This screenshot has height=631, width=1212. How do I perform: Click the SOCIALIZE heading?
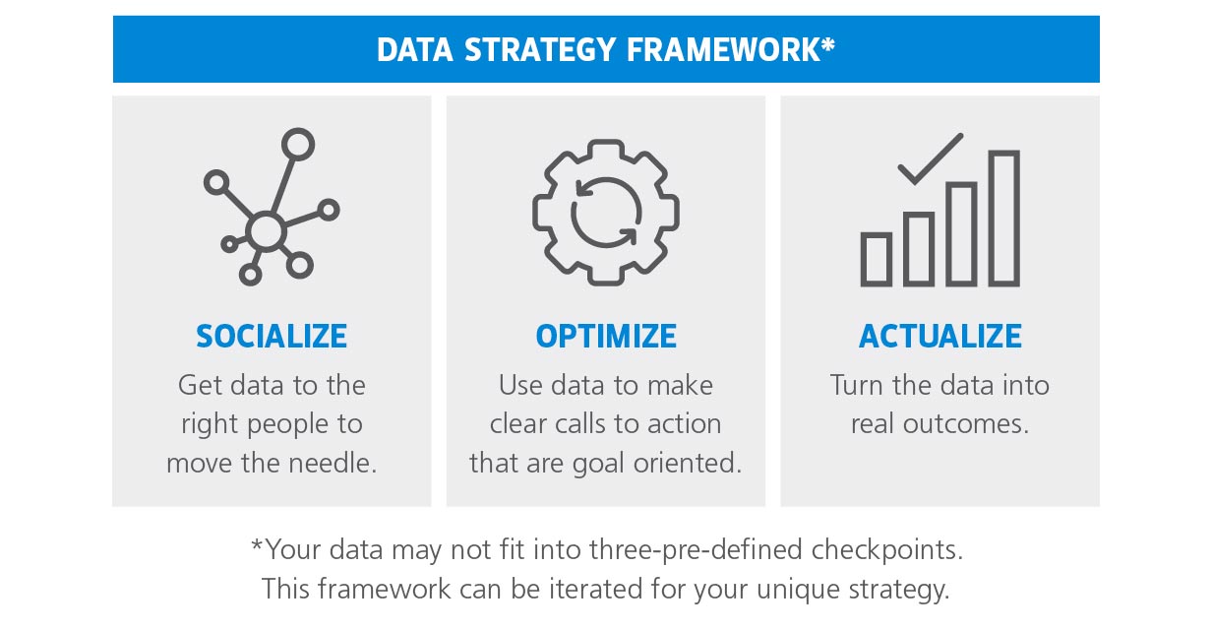(x=272, y=337)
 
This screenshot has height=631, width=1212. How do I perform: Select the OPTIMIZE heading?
(x=606, y=337)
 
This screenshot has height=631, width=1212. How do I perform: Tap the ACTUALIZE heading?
(x=940, y=337)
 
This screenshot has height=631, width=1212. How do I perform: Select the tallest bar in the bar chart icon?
(x=1003, y=219)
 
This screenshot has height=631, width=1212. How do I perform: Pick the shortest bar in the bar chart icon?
(x=876, y=259)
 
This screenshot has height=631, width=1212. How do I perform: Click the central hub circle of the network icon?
(x=265, y=231)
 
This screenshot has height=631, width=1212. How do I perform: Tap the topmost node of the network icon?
(x=297, y=145)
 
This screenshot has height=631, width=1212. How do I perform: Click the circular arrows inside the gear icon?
(x=606, y=213)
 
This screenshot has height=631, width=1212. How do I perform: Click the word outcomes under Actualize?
(x=973, y=424)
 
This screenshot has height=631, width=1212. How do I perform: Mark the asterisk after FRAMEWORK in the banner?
(x=829, y=45)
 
